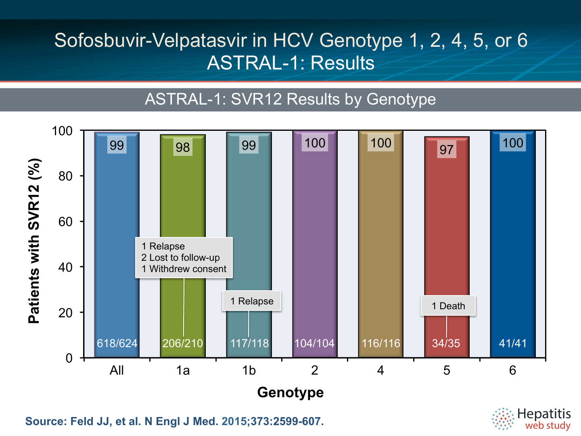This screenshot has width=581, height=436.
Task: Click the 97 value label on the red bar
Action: (447, 149)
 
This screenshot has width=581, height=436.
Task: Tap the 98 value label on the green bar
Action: (183, 147)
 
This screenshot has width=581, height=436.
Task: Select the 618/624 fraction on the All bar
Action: (117, 343)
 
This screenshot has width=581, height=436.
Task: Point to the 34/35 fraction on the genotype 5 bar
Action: (446, 343)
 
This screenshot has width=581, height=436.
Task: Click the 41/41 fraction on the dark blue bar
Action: (513, 343)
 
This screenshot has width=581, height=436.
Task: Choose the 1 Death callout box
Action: (448, 306)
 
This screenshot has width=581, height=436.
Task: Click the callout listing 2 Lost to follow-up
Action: (184, 258)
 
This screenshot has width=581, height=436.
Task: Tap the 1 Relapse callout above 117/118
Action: (252, 301)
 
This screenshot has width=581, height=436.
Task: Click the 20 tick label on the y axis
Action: (65, 313)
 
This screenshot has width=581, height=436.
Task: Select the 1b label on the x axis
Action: (249, 370)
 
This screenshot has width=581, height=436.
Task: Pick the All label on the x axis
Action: (117, 370)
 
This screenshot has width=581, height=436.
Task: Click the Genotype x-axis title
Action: (290, 392)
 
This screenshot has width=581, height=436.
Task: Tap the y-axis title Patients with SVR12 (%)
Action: (34, 241)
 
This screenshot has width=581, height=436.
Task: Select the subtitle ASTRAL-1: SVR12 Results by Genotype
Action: (290, 99)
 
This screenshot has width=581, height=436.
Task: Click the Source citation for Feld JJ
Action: (174, 421)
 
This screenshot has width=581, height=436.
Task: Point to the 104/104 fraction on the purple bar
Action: (314, 343)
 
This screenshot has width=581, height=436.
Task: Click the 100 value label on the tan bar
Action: (380, 143)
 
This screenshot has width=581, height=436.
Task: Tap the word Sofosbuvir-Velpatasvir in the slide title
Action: (151, 40)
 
